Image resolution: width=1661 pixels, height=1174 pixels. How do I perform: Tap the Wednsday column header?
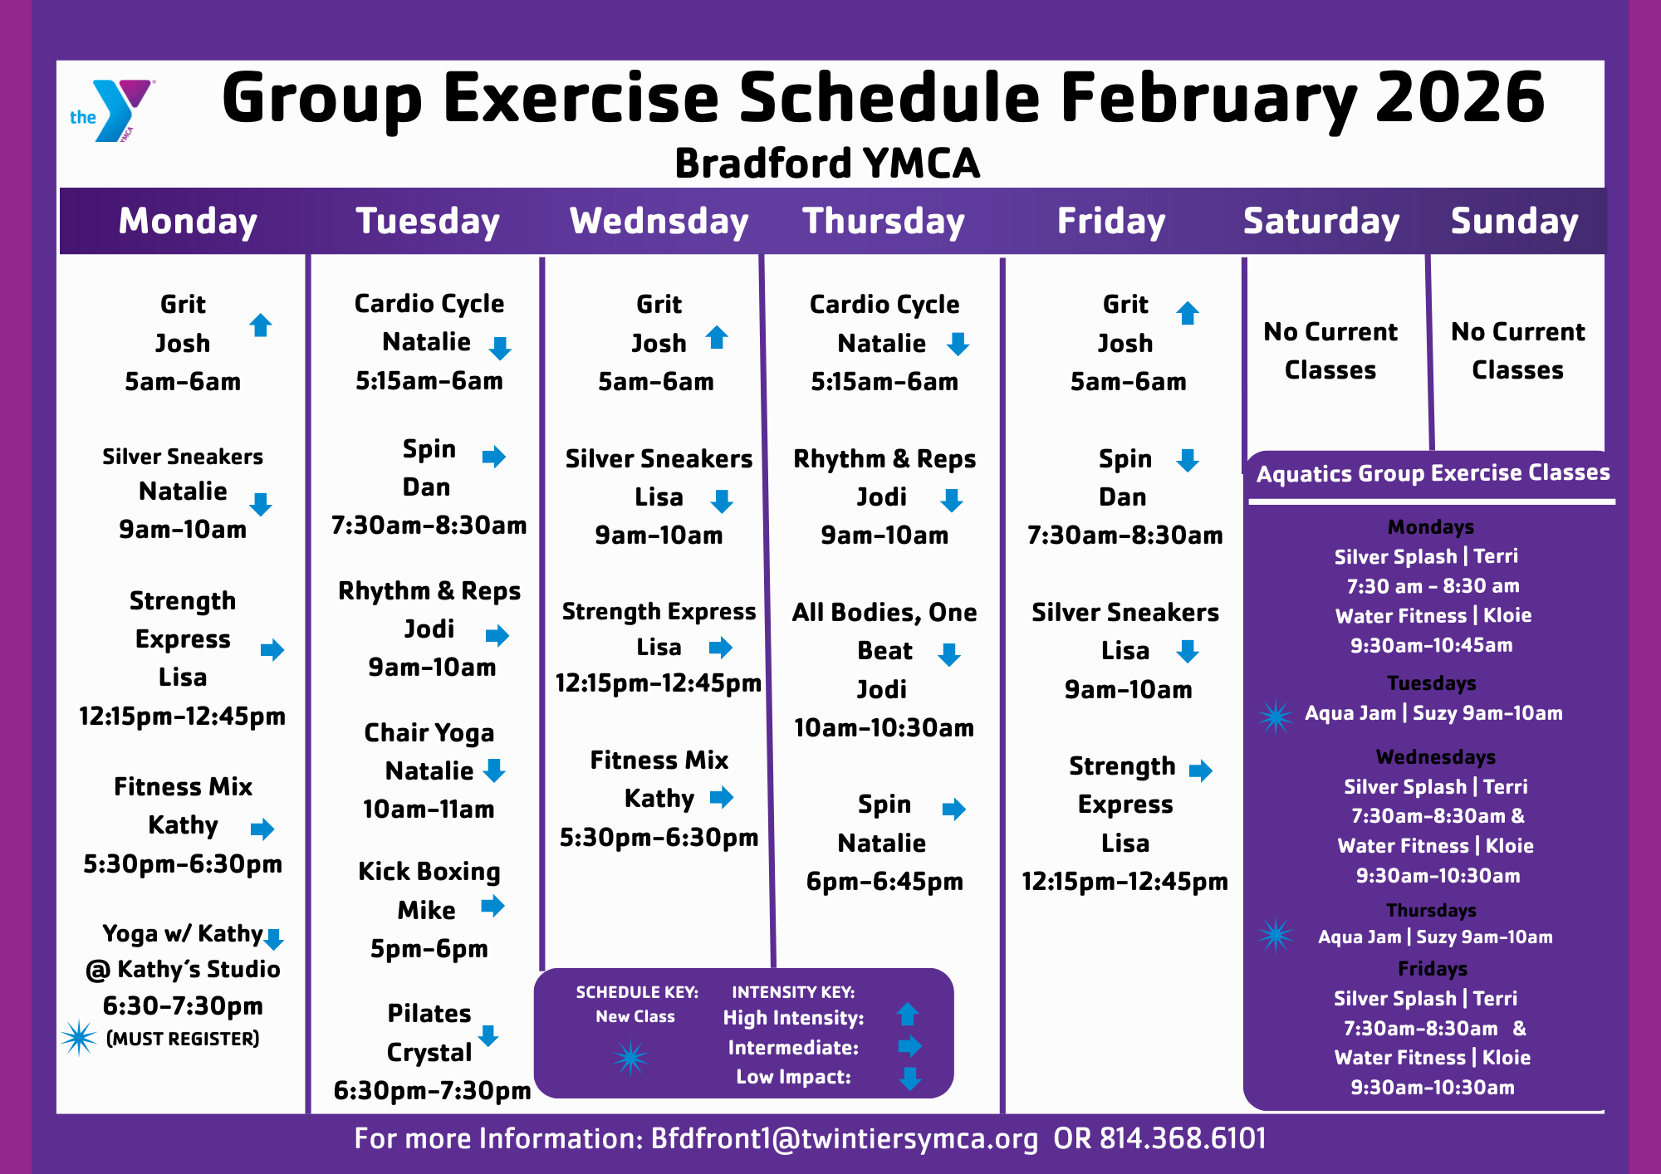(x=659, y=222)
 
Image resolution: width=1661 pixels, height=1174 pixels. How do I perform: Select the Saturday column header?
(x=1321, y=222)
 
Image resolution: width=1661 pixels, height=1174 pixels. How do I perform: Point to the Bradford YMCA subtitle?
(x=827, y=163)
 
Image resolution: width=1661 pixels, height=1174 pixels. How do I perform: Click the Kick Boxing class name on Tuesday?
(x=429, y=872)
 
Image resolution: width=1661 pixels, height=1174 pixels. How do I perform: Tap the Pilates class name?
(x=429, y=1014)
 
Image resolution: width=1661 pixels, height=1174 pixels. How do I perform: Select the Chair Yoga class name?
(x=429, y=733)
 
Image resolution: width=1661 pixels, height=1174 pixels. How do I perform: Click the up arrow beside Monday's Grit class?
(x=261, y=325)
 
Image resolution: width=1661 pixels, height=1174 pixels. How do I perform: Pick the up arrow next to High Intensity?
(x=908, y=1014)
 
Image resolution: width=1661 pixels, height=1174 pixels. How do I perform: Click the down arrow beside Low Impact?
(x=910, y=1079)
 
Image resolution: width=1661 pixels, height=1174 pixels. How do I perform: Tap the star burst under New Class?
(x=630, y=1058)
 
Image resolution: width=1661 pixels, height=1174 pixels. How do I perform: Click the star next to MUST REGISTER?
(x=79, y=1038)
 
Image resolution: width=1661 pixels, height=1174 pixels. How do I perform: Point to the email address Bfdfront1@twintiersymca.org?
(x=845, y=1139)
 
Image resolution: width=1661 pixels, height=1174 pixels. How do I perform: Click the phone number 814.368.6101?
(x=1183, y=1138)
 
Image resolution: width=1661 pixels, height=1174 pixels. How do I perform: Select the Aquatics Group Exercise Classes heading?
(x=1433, y=473)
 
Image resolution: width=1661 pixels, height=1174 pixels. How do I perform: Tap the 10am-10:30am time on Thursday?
(x=884, y=728)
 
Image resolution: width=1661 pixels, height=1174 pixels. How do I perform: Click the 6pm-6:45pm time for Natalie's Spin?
(x=884, y=882)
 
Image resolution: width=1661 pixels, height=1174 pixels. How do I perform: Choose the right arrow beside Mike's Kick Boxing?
(x=492, y=906)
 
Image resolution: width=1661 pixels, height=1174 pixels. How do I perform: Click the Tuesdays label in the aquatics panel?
(x=1432, y=683)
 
